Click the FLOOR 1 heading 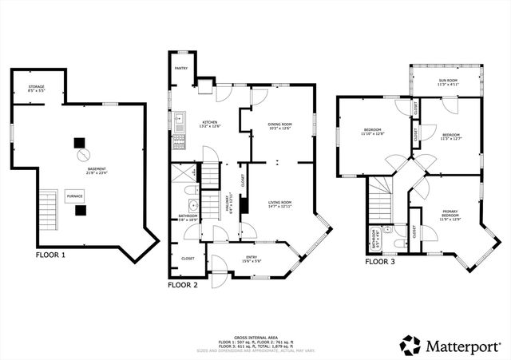(x=57, y=256)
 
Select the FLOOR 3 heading (x=380, y=261)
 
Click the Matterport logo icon (x=410, y=346)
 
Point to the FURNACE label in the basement (x=74, y=196)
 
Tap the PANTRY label (x=181, y=69)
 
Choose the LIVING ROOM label (x=279, y=204)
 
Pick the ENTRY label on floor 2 (x=252, y=257)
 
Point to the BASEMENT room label (x=97, y=170)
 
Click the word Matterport (x=464, y=346)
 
